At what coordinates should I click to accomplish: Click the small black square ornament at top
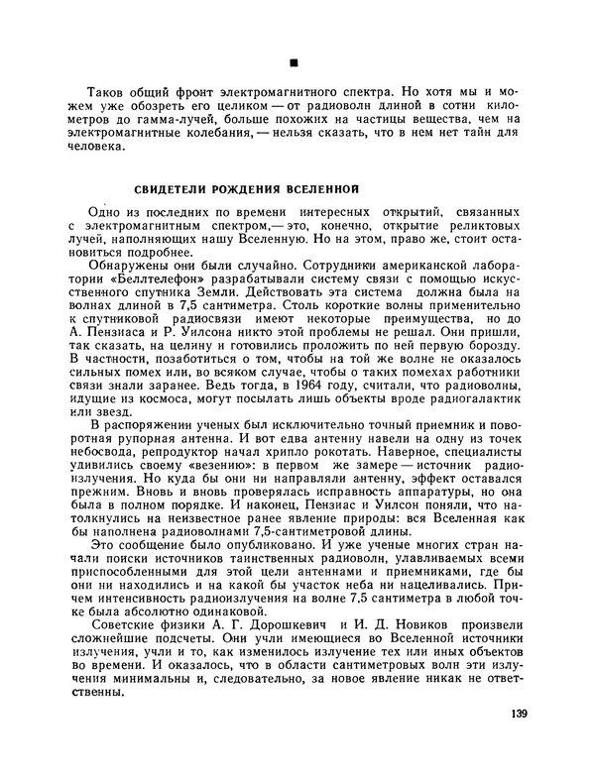pyautogui.click(x=294, y=61)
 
